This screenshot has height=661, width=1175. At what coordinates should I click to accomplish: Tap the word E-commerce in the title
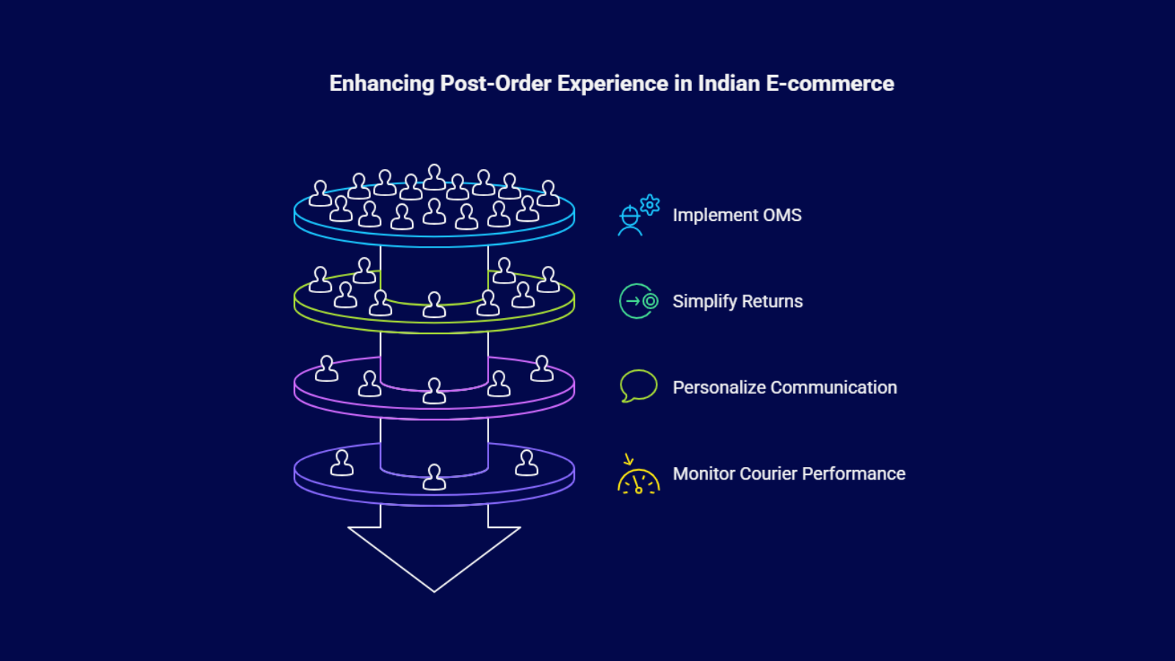(x=830, y=84)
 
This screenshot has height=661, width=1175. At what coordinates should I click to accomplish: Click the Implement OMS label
(x=737, y=215)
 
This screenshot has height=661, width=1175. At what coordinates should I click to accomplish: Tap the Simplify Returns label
(x=737, y=301)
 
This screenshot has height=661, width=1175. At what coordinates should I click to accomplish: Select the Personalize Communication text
(x=784, y=388)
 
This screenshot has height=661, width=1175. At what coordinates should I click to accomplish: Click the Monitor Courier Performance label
(x=789, y=474)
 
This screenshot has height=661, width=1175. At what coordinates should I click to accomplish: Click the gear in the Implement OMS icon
(x=650, y=204)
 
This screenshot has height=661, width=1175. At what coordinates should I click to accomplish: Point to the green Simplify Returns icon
(x=638, y=301)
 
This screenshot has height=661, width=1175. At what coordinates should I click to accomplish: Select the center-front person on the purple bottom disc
(x=434, y=477)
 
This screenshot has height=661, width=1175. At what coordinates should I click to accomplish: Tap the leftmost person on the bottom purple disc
(x=341, y=463)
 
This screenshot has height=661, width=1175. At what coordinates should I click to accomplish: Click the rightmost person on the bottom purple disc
(x=527, y=463)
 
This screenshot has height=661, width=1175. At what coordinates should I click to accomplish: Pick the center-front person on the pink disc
(x=434, y=391)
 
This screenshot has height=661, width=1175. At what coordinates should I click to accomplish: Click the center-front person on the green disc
(x=434, y=305)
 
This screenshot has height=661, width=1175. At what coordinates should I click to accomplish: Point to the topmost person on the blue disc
(x=434, y=178)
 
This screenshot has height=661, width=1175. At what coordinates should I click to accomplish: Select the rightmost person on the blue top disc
(x=548, y=194)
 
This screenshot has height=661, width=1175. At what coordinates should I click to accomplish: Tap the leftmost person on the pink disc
(x=326, y=369)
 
